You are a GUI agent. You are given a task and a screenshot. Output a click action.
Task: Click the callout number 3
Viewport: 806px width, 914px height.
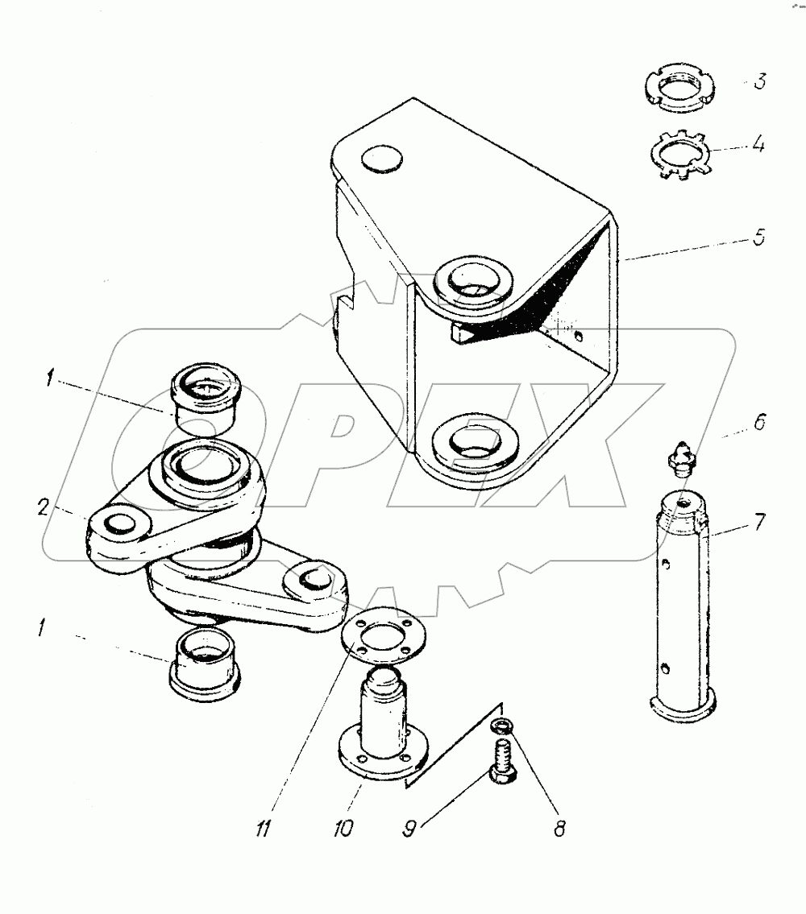tap(759, 82)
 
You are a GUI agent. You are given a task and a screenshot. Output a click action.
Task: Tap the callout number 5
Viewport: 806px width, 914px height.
tap(760, 238)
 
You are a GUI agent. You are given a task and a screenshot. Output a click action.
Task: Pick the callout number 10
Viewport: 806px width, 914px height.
tap(344, 828)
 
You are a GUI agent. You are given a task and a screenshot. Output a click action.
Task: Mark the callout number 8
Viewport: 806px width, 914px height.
tap(558, 827)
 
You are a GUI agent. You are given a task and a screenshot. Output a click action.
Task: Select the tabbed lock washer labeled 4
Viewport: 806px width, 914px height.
tap(679, 153)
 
